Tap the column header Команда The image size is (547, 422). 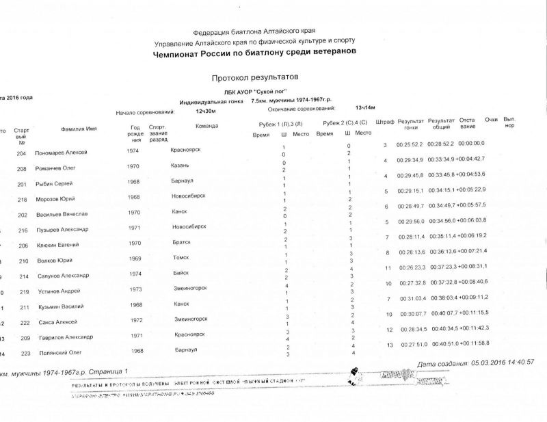(x=206, y=126)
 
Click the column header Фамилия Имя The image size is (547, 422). (x=78, y=129)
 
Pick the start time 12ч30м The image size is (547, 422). (x=206, y=111)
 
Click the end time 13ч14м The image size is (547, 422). (x=366, y=108)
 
